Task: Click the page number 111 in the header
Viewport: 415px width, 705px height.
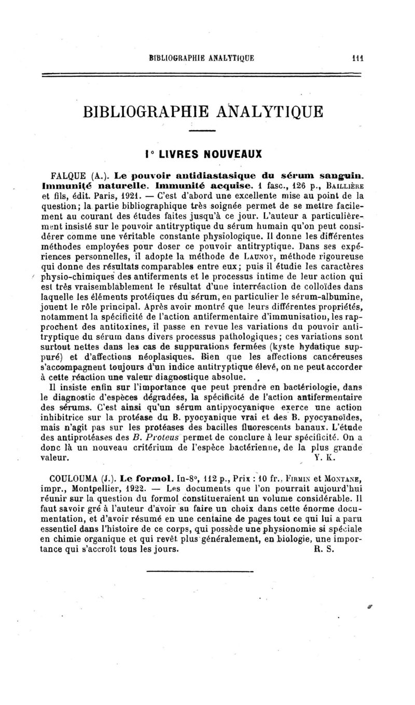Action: (x=342, y=59)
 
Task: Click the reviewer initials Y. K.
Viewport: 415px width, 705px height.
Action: (x=325, y=458)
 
